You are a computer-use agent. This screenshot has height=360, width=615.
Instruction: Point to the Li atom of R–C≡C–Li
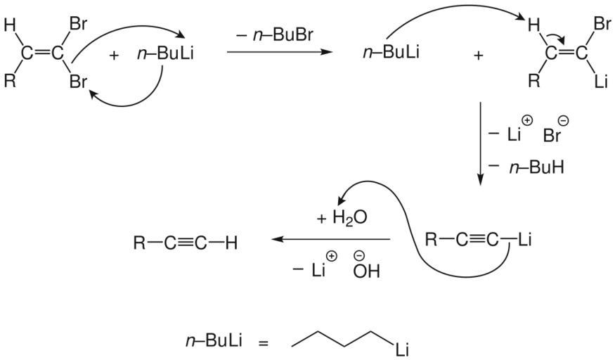[524, 240]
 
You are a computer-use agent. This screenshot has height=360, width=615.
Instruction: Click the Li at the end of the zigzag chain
[401, 349]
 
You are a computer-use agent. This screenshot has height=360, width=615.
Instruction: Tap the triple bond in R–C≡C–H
[184, 243]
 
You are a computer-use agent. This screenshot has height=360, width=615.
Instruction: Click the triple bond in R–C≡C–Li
[476, 240]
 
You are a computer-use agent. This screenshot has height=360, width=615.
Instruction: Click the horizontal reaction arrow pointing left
[330, 240]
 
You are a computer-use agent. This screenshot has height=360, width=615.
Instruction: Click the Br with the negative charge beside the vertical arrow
[553, 134]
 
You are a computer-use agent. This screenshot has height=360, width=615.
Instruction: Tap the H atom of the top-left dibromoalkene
[9, 27]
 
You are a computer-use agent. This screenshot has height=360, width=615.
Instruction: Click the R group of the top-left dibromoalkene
[10, 81]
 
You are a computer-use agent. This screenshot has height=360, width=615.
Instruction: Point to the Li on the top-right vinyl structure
[600, 83]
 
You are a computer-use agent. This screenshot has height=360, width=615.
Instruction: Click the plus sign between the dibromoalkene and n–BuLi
[115, 55]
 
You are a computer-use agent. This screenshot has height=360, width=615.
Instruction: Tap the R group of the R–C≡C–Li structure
[434, 240]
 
